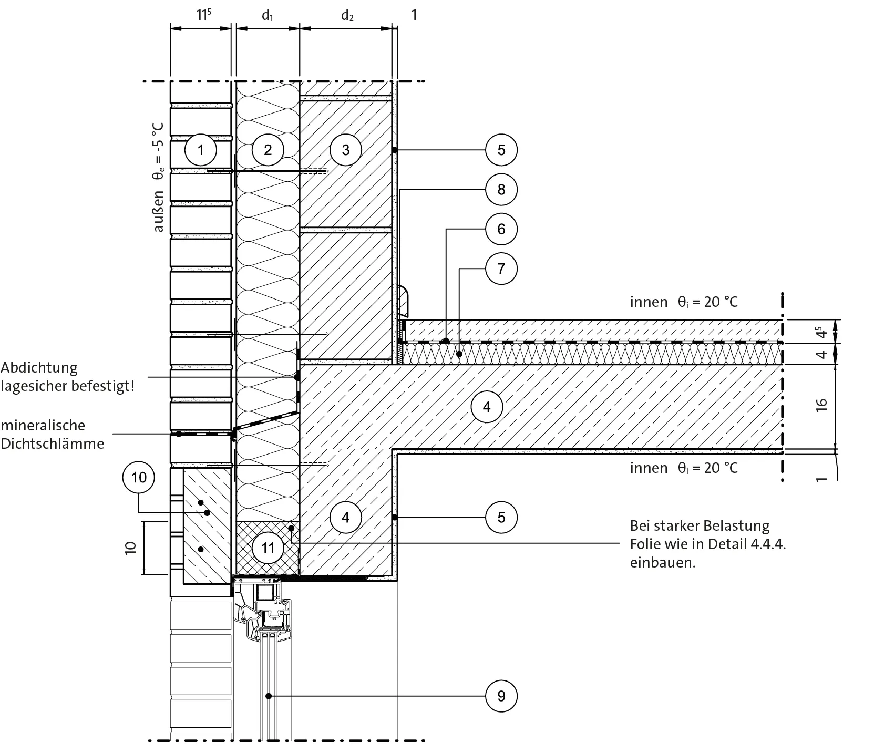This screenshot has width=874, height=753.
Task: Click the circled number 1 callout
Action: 201,150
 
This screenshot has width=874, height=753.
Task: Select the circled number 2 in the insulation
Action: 268,150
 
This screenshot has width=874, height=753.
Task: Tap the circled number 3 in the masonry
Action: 345,150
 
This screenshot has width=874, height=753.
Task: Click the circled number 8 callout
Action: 501,189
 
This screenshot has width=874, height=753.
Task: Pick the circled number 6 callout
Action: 501,229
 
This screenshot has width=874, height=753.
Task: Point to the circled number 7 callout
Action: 501,269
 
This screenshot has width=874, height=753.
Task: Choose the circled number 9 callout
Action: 501,696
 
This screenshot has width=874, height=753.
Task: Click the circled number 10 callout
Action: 139,477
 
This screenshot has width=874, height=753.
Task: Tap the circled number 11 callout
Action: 268,548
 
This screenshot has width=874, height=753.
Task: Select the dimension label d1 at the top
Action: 268,15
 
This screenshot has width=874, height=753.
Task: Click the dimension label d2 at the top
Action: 347,15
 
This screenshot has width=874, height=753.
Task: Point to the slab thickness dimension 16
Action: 822,405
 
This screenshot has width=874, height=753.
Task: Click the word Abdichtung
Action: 39,368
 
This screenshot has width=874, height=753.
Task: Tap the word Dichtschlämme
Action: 52,443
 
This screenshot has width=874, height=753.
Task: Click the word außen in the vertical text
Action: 158,211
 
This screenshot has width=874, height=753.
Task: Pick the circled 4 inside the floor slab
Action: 487,406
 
